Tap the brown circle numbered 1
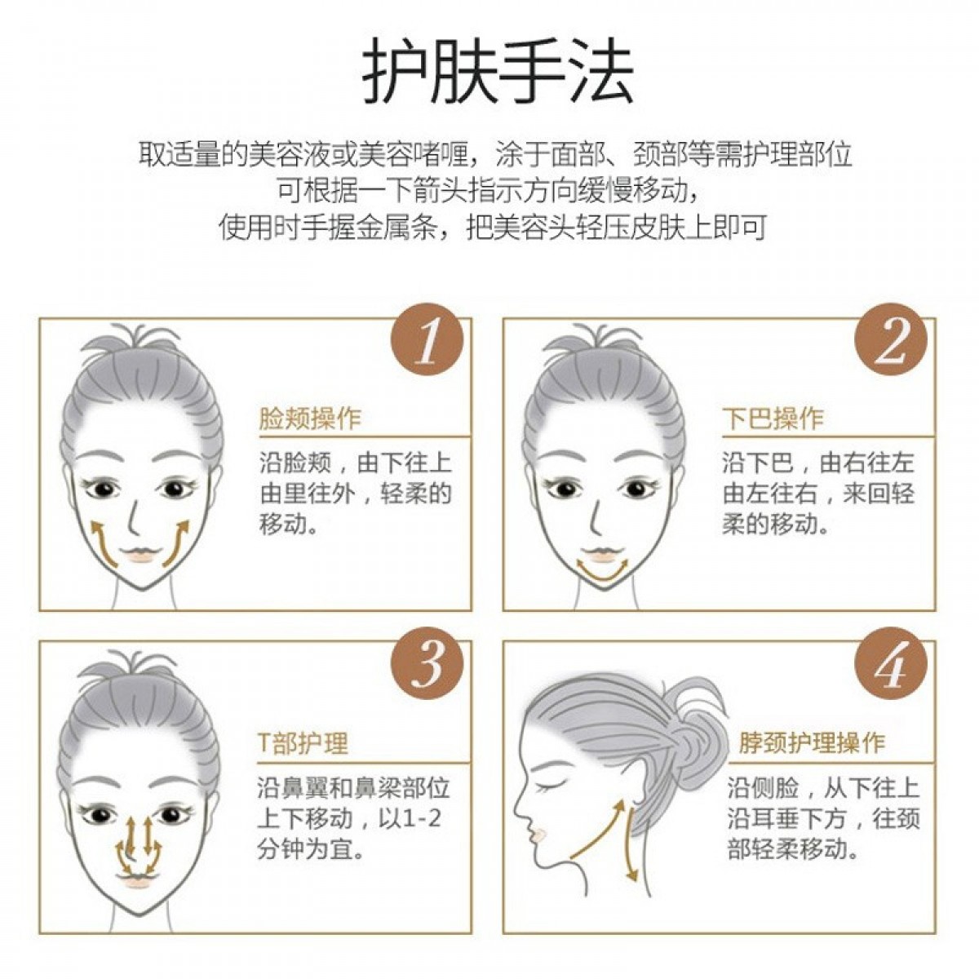(427, 340)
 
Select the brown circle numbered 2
(891, 340)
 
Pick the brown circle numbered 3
(427, 664)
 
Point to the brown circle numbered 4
(891, 664)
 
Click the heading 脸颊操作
(309, 419)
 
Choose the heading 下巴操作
(773, 419)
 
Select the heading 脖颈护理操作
(812, 742)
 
